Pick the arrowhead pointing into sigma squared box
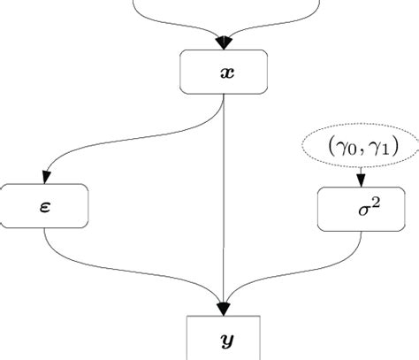pyautogui.click(x=360, y=182)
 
